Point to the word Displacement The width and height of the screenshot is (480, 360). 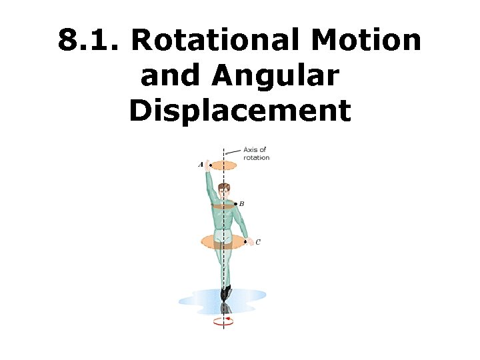click(x=240, y=110)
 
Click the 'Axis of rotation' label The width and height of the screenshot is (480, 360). click(x=256, y=153)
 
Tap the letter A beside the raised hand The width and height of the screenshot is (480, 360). click(x=201, y=164)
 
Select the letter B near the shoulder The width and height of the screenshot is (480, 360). click(x=241, y=203)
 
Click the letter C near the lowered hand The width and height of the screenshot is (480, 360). click(x=258, y=241)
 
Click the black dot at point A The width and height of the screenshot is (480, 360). click(x=210, y=164)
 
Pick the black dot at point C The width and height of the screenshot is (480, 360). click(x=245, y=241)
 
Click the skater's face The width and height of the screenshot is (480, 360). click(x=224, y=191)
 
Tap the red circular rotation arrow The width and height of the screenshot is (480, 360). click(x=224, y=321)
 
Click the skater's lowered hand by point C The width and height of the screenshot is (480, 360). click(x=250, y=243)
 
